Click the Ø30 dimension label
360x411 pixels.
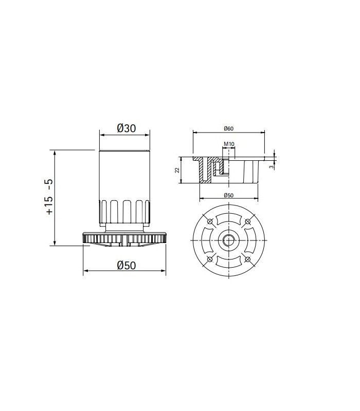point(127,128)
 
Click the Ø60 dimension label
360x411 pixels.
point(228,128)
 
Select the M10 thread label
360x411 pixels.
point(229,144)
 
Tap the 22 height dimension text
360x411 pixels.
point(177,170)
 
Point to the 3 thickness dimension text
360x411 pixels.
point(272,166)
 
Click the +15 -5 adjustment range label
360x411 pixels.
point(49,197)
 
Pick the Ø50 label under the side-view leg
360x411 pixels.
point(127,266)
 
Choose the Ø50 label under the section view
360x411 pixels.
point(228,195)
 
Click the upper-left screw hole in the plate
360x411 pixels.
point(210,221)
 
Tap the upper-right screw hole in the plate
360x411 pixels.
point(247,221)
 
